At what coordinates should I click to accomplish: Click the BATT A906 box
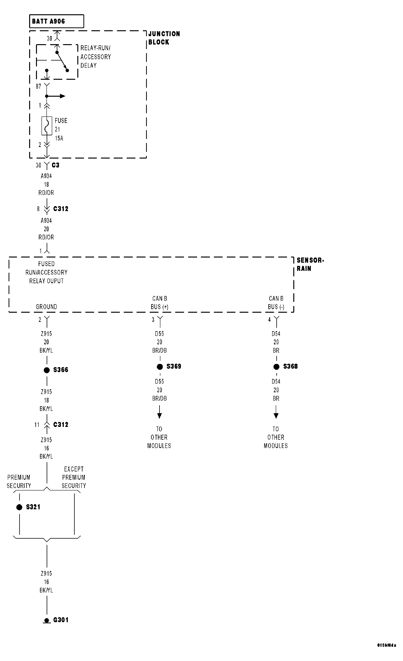click(x=56, y=21)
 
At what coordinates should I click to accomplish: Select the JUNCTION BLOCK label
click(x=164, y=38)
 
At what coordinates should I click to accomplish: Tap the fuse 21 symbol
click(x=47, y=126)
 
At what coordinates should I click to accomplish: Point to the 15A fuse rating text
click(x=59, y=138)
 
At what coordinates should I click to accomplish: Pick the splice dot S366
click(x=47, y=370)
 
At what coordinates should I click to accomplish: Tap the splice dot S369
click(x=160, y=367)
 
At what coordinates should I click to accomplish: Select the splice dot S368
click(x=276, y=367)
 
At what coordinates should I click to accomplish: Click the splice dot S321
click(x=19, y=507)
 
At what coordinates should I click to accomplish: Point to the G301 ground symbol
click(x=47, y=620)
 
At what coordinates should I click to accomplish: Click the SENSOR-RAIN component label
click(x=310, y=264)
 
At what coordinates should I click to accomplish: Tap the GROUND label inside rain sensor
click(x=46, y=307)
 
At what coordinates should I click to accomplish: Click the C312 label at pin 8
click(x=61, y=209)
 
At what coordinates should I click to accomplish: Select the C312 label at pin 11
click(x=61, y=424)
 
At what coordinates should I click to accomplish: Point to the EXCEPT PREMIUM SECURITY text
click(x=74, y=477)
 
